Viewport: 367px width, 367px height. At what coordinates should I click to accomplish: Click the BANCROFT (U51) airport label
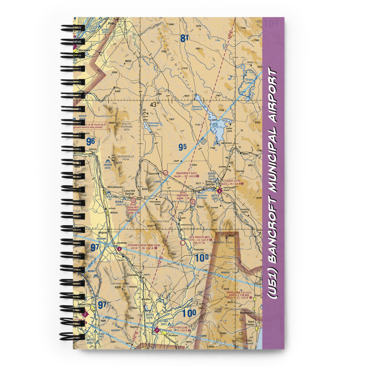(186, 173)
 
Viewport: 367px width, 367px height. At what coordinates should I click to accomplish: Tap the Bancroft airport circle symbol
(166, 172)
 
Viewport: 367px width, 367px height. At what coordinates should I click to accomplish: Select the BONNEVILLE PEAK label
(126, 157)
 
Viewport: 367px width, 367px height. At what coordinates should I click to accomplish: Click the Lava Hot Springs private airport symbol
(133, 200)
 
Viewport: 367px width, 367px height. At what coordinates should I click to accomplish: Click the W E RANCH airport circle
(183, 243)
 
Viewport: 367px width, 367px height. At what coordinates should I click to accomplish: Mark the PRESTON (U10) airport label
(179, 327)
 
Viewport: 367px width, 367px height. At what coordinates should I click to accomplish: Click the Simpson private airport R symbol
(192, 201)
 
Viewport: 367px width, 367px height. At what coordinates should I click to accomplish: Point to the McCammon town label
(115, 187)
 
